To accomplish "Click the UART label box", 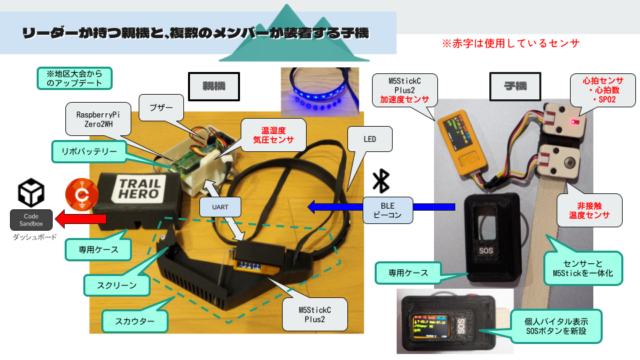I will coord(220,207).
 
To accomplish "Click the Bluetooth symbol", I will coord(381,181).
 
